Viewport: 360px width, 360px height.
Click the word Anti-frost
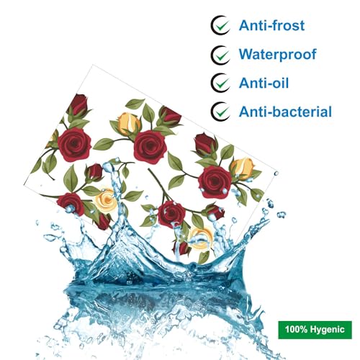(271, 25)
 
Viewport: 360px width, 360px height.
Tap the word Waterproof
(278, 55)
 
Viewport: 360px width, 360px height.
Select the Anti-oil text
(264, 83)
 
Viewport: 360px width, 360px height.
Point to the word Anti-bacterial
(285, 112)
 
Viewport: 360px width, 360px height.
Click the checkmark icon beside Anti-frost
(220, 25)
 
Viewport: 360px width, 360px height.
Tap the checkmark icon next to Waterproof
(220, 55)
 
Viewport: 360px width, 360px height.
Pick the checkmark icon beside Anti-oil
(220, 83)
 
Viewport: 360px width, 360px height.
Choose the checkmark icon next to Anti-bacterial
(220, 112)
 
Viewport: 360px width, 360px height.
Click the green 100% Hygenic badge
(315, 330)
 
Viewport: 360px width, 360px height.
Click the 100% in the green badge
(296, 329)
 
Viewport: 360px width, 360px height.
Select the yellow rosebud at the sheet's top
(129, 123)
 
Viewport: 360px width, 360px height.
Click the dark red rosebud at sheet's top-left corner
(78, 104)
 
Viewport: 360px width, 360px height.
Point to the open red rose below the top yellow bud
(150, 147)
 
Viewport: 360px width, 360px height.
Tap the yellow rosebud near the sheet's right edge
(243, 168)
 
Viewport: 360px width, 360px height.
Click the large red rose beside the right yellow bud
(215, 181)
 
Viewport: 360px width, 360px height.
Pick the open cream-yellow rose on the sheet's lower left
(106, 201)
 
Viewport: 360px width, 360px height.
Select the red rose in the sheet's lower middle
(171, 214)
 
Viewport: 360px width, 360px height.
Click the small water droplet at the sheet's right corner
(276, 173)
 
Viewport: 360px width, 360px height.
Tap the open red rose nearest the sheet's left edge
(74, 145)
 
